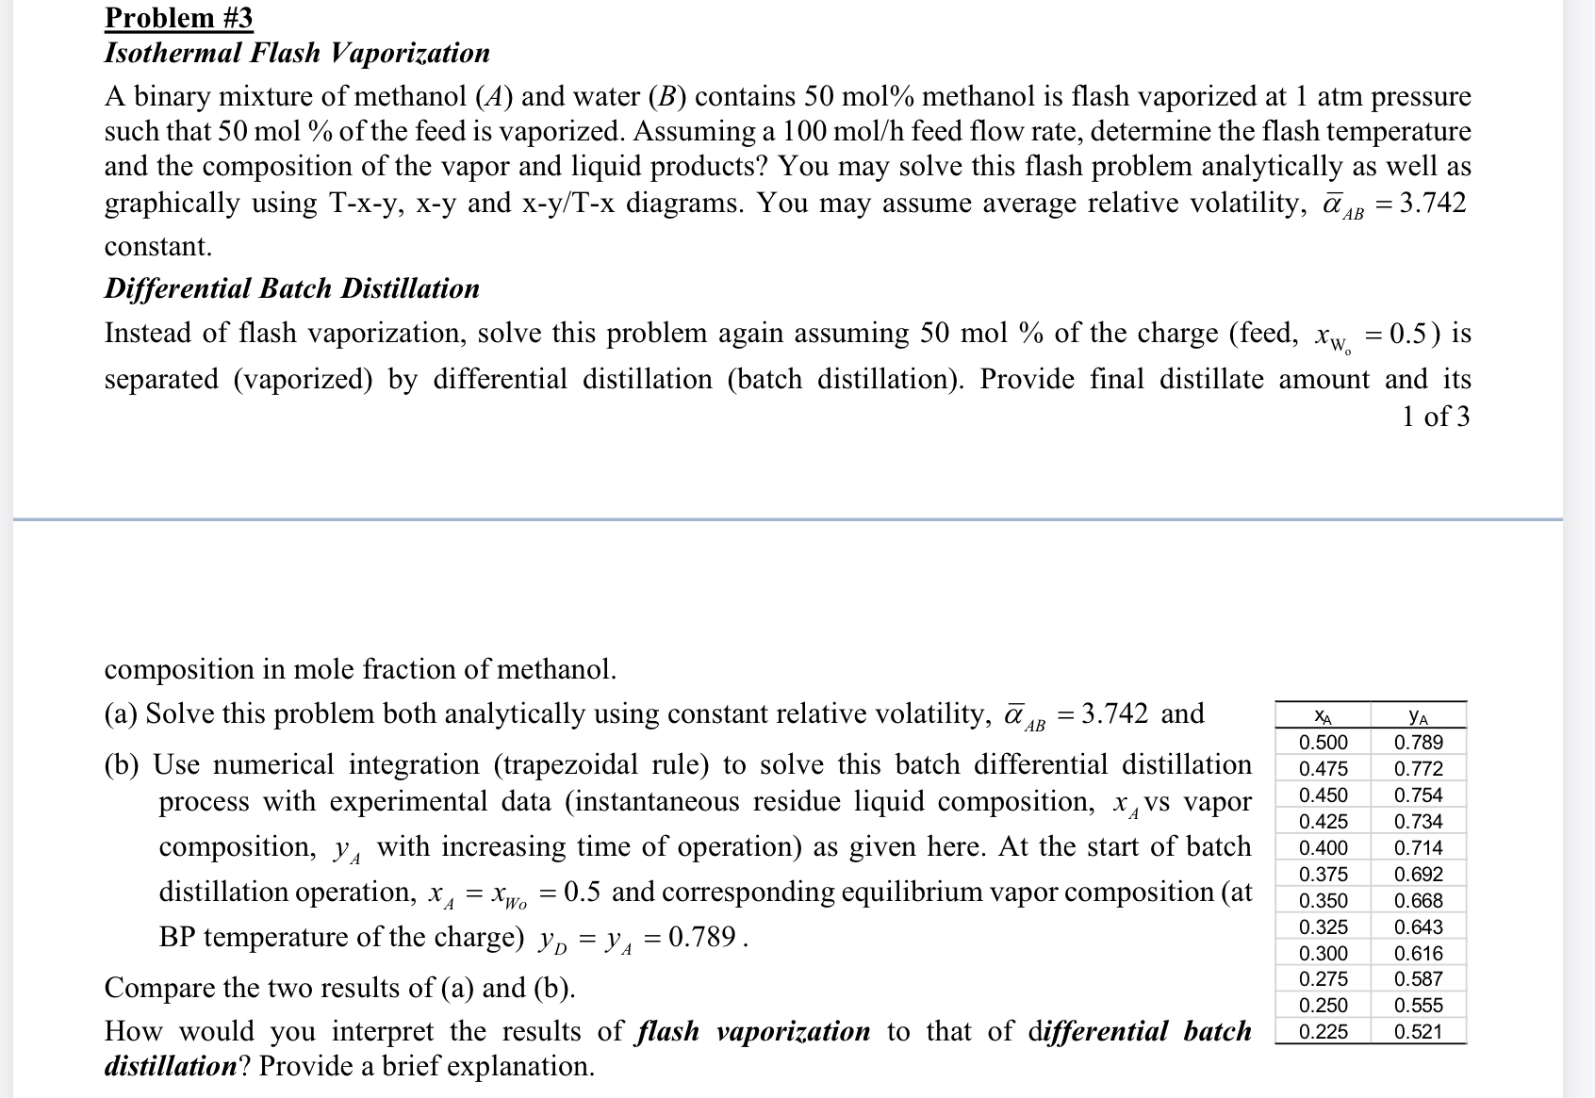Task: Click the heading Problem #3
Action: click(x=178, y=17)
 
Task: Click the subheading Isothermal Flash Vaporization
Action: click(x=296, y=53)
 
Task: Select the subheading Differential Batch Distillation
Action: click(x=291, y=288)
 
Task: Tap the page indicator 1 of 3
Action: click(x=1435, y=417)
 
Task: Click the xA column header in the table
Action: click(x=1323, y=717)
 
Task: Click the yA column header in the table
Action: click(x=1418, y=717)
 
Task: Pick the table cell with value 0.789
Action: click(x=1418, y=743)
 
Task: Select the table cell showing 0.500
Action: click(x=1323, y=743)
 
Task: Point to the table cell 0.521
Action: click(x=1418, y=1032)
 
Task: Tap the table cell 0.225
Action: click(x=1323, y=1032)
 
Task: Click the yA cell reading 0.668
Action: click(x=1418, y=901)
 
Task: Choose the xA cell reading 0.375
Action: click(x=1323, y=875)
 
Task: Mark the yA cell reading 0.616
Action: click(x=1418, y=954)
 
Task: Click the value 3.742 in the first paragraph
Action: click(x=1432, y=204)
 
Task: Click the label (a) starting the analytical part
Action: click(x=121, y=714)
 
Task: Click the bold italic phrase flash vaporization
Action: click(x=753, y=1031)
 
